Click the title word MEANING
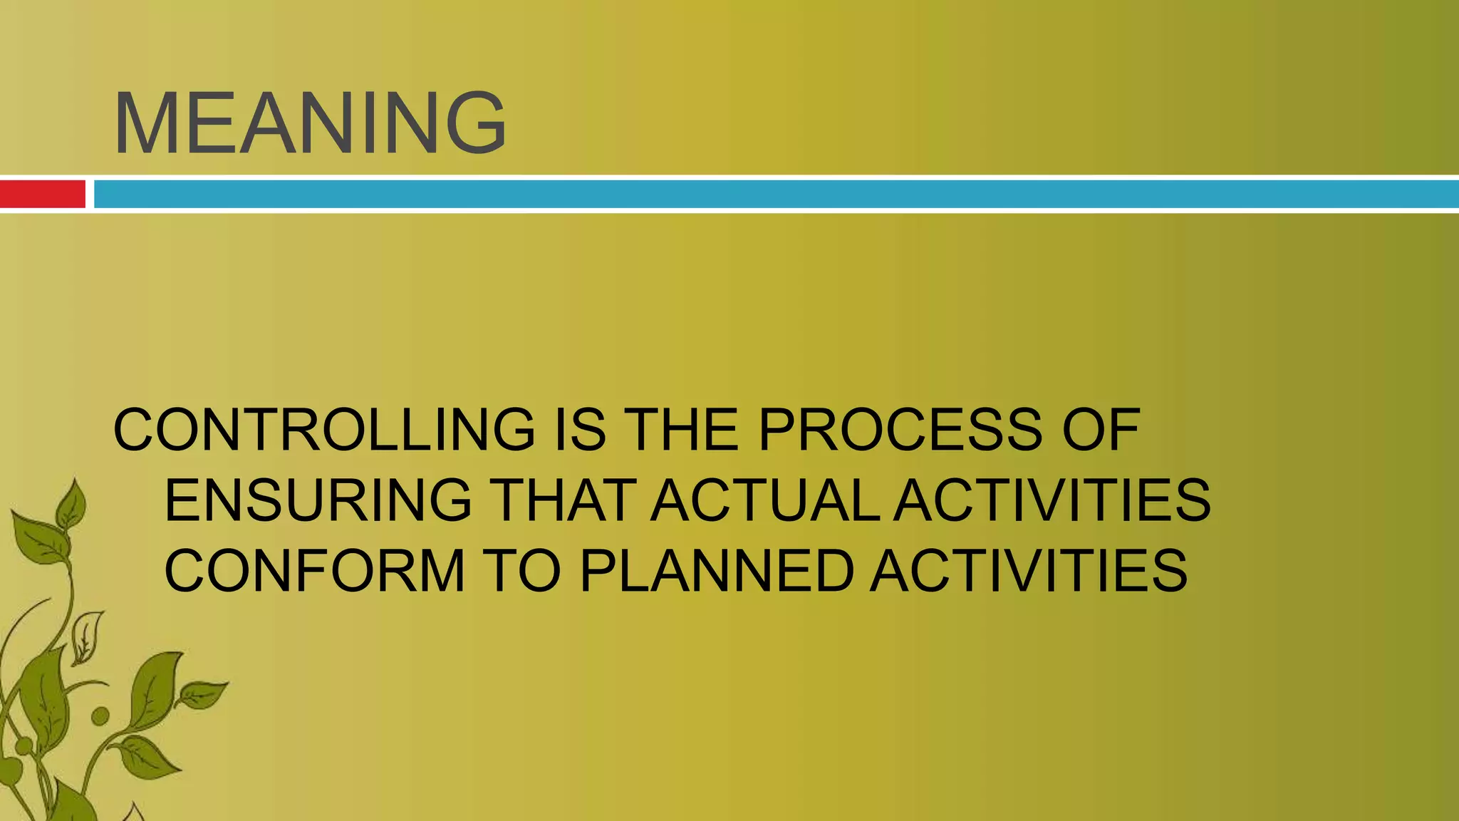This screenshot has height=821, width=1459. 310,123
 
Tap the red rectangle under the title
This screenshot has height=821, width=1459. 42,194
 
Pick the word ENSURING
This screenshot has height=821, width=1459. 318,500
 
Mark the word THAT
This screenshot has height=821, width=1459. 563,500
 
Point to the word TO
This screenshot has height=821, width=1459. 522,570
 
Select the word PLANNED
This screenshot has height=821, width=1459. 717,570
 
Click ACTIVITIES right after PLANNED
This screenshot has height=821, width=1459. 1029,570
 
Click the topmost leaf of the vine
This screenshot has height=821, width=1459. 71,503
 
